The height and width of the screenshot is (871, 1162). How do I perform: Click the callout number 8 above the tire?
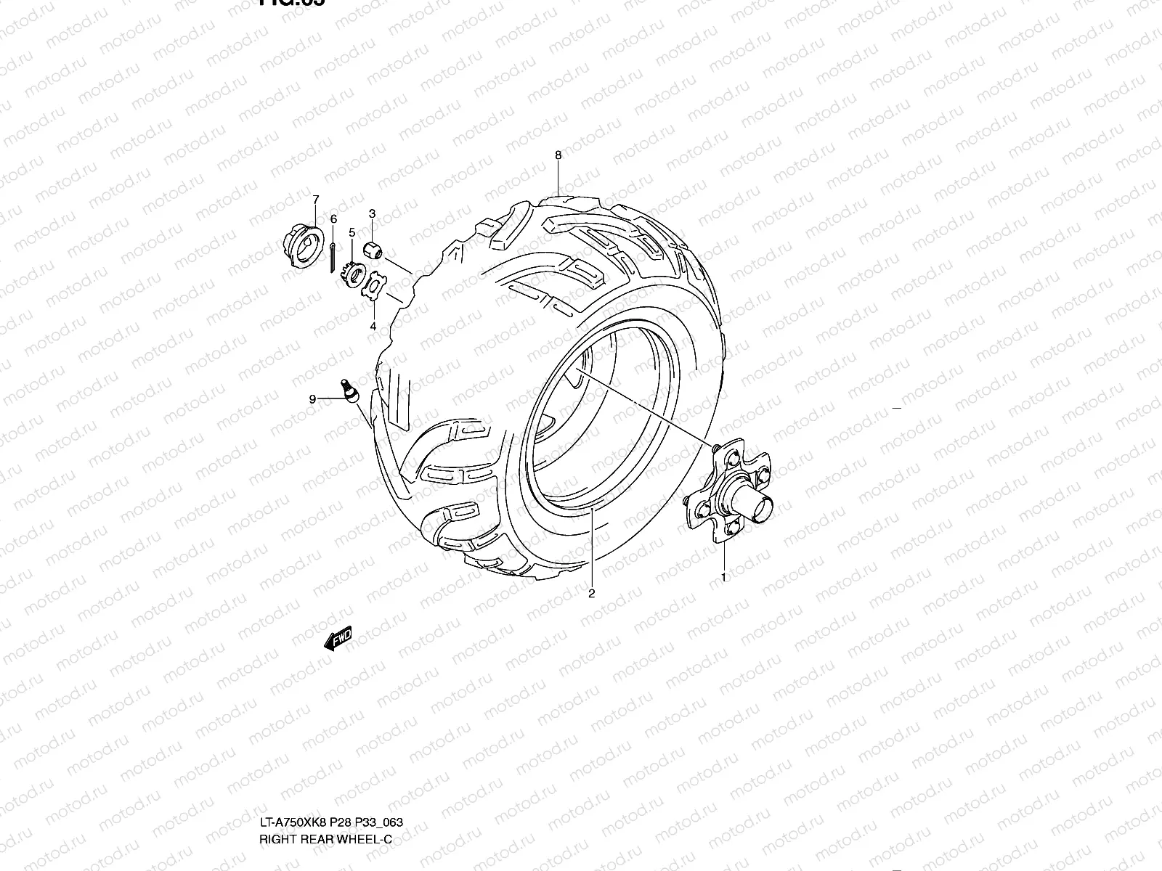click(x=558, y=155)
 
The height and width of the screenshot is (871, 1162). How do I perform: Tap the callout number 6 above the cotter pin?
click(x=333, y=218)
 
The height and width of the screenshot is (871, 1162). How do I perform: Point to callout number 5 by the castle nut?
click(x=352, y=232)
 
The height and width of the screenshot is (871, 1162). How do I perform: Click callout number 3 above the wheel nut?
click(x=372, y=213)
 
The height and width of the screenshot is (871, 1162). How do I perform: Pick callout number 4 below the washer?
click(x=373, y=327)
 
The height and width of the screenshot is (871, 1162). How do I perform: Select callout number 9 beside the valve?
click(x=312, y=398)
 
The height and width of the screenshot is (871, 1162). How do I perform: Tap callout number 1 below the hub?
click(x=723, y=577)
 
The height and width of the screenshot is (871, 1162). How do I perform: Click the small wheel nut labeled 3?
click(x=373, y=250)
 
